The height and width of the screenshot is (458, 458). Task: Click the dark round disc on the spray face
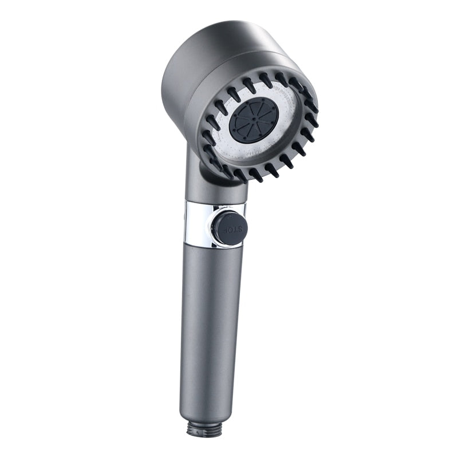point(254,122)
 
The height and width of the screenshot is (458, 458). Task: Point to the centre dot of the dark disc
point(254,122)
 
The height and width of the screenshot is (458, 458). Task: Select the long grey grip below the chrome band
point(209,321)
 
